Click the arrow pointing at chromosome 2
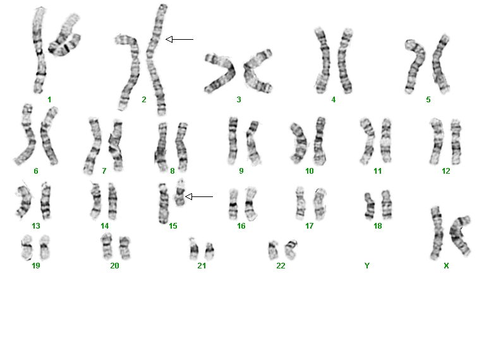coord(179,40)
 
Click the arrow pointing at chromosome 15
coord(199,196)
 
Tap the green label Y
coord(366,266)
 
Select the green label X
coord(446,266)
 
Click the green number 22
coord(281,266)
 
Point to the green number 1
coord(49,100)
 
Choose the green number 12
coord(445,171)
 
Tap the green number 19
coord(36,266)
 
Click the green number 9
coord(241,171)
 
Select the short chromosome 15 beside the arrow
coord(179,193)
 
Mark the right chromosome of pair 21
coord(210,251)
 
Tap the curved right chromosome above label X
coord(460,236)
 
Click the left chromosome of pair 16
coord(233,204)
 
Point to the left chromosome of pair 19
coord(27,247)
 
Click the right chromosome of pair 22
coord(291,249)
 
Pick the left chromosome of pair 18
coord(369,206)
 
